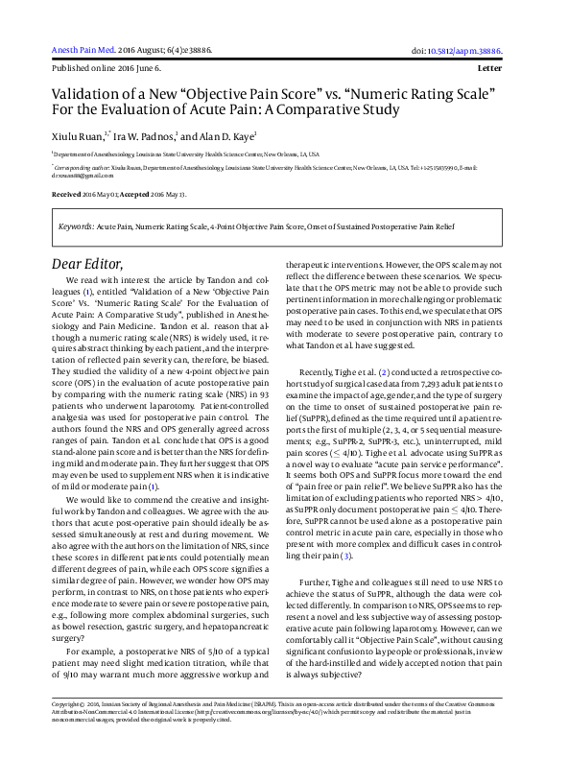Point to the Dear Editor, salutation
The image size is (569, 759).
pyautogui.click(x=87, y=264)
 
